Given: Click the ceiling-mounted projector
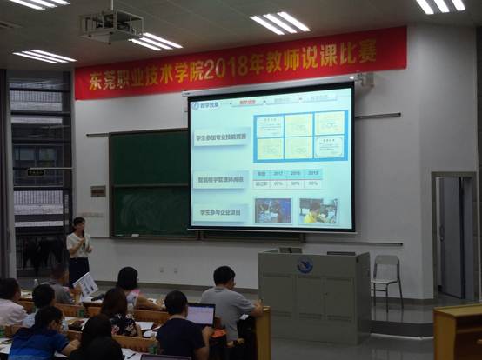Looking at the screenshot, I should (x=110, y=26).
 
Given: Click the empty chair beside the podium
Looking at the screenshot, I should (x=387, y=277).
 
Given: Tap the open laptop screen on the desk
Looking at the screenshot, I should (x=201, y=314).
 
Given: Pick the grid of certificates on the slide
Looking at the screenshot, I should (x=300, y=136).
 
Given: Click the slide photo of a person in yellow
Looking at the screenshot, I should (x=317, y=211).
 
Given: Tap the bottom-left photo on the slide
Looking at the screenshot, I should (x=274, y=210).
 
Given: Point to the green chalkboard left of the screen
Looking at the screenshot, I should (x=149, y=183).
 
